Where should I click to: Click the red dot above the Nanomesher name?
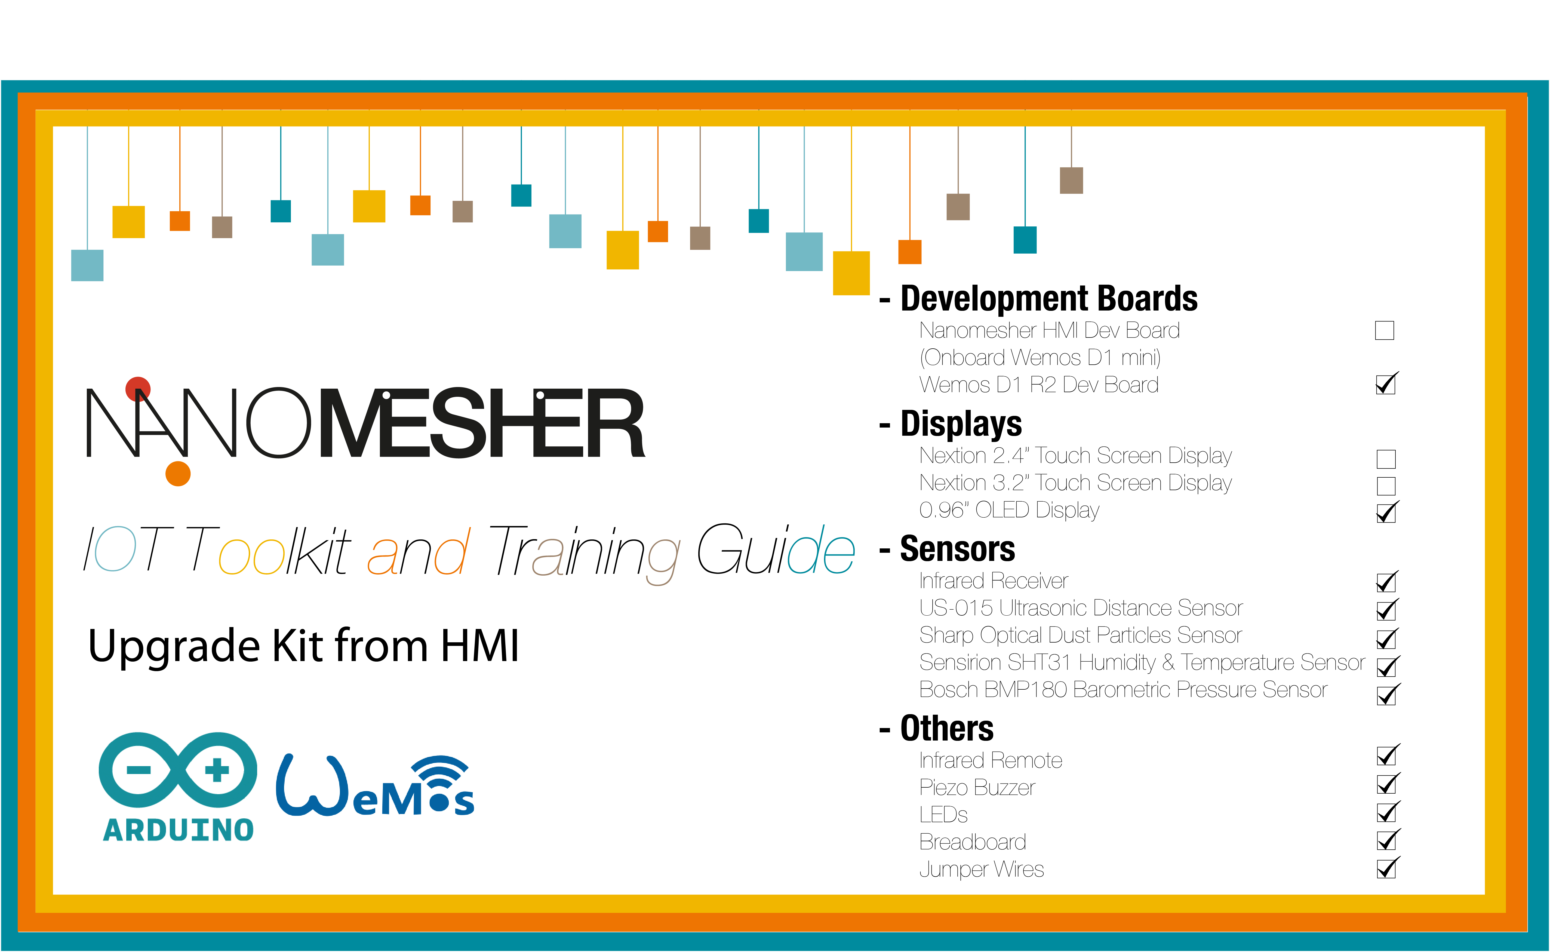[x=138, y=389]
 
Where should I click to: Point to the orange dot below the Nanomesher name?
[x=178, y=474]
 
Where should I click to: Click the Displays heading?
[x=961, y=424]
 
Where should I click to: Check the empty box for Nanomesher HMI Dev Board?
[x=1385, y=331]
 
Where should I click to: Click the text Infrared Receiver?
[x=994, y=581]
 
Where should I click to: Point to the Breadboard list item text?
[x=973, y=842]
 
